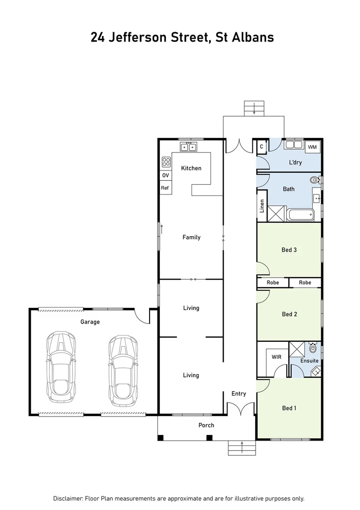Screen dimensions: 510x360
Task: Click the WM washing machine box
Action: point(312,147)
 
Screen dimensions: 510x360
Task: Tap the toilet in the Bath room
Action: point(315,180)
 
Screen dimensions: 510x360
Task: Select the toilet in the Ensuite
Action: point(312,349)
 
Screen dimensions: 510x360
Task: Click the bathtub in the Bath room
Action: point(301,215)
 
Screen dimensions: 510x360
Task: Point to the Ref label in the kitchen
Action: point(165,188)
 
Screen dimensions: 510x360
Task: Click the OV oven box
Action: point(165,175)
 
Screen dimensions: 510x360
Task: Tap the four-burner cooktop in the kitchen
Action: point(166,162)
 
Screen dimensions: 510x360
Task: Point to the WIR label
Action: point(276,357)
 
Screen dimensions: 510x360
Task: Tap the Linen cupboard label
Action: point(262,206)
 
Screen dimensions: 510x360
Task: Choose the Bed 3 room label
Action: point(289,250)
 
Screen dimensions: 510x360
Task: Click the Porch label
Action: point(206,425)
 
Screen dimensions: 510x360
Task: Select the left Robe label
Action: point(273,282)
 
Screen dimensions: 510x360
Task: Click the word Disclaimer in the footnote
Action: point(68,499)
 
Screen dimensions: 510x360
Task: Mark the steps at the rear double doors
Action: point(254,108)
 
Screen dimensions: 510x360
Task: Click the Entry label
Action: point(238,393)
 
